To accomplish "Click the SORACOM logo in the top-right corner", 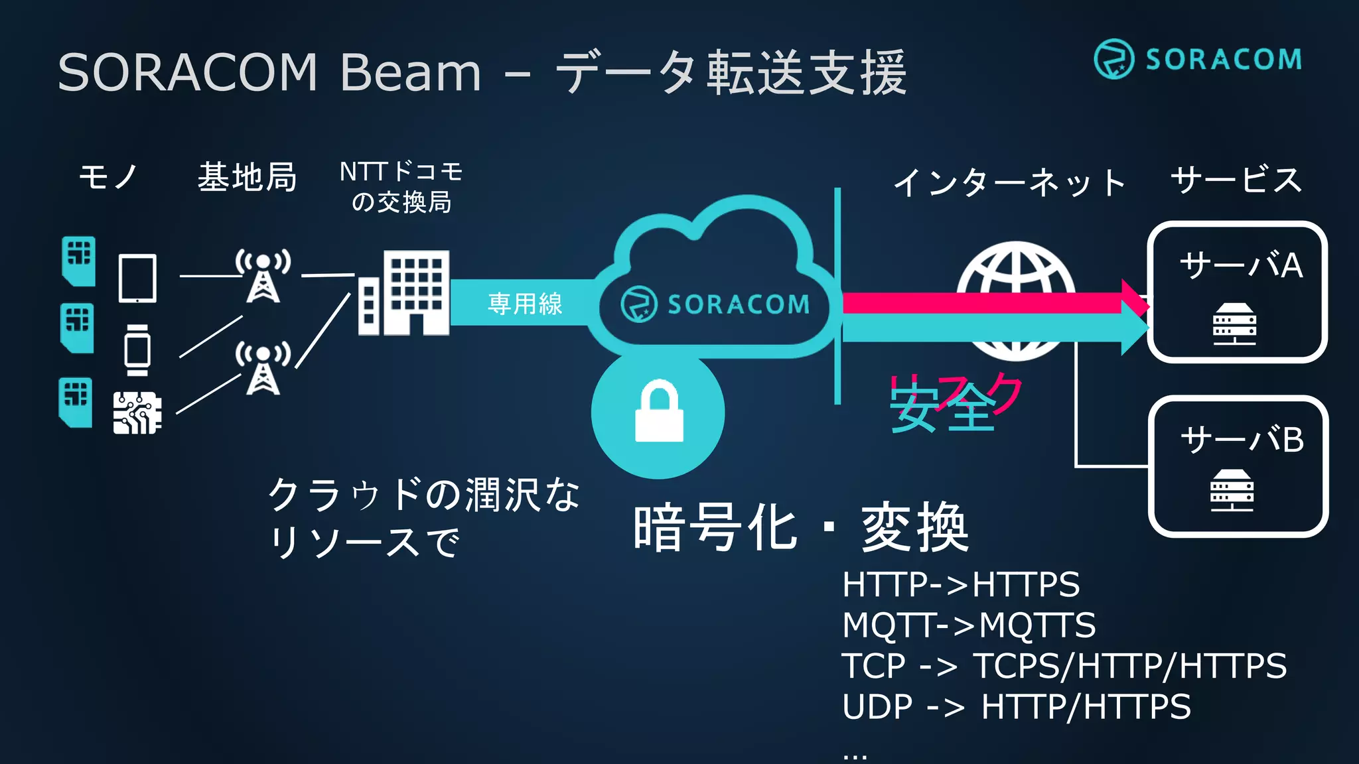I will pos(1198,59).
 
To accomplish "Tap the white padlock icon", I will pos(659,411).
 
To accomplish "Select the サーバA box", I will pos(1238,292).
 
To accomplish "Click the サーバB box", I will pos(1238,466).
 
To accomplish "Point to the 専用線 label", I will pos(525,304).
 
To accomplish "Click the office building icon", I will pos(403,292).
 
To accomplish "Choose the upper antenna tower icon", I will pos(263,276).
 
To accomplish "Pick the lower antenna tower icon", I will pos(263,368).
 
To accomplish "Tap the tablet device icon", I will pos(137,278).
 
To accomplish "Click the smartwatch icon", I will pos(137,350).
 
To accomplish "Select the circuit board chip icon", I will pos(137,413).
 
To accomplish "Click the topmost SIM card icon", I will pos(78,261).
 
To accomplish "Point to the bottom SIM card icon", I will pos(76,402).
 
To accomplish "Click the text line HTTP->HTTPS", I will pos(960,584).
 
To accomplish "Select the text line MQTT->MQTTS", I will pos(968,625).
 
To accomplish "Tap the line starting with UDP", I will pos(1016,706).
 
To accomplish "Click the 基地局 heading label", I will pos(247,177).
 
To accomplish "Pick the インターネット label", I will pos(1009,182).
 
